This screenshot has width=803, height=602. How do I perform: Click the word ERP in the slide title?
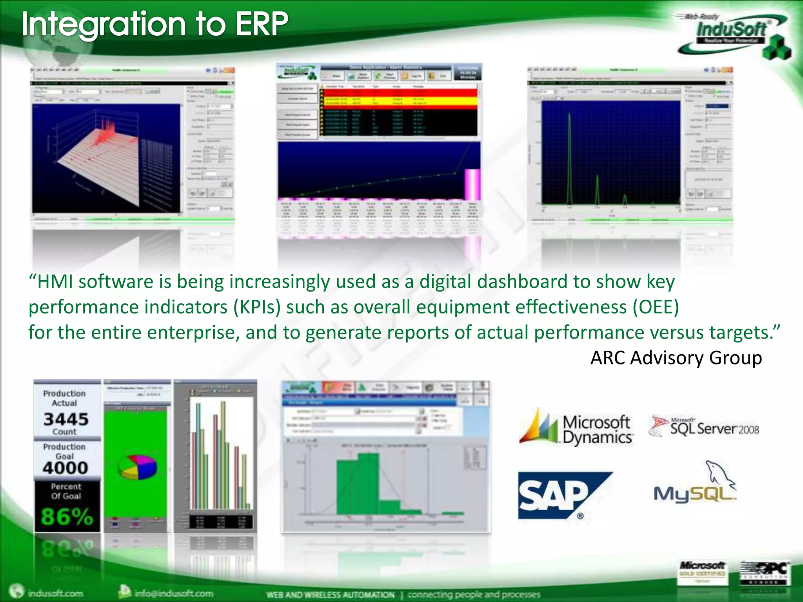[x=261, y=24]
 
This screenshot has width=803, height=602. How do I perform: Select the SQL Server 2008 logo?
[x=704, y=427]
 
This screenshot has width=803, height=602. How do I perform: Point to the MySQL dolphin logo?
[x=695, y=484]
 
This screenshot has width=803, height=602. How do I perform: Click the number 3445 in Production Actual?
[x=66, y=419]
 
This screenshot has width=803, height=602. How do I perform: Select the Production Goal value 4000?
[x=65, y=468]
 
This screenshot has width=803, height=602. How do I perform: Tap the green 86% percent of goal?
[x=67, y=516]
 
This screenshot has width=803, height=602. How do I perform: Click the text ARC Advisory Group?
[x=676, y=358]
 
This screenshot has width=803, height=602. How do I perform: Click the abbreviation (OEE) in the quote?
[x=656, y=307]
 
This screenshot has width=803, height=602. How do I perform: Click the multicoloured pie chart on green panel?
[x=138, y=467]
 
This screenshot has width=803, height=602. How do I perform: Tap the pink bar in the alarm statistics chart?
[x=472, y=184]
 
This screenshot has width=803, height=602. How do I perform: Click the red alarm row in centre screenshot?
[x=398, y=93]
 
